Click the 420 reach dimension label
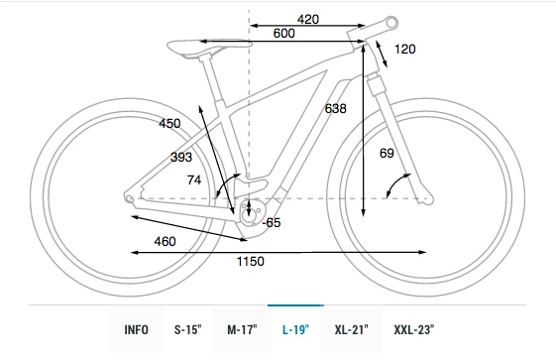(x=308, y=19)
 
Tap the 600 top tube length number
(x=283, y=34)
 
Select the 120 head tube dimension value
(x=405, y=49)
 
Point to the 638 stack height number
(x=335, y=108)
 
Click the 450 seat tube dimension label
(x=169, y=123)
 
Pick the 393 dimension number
(x=181, y=157)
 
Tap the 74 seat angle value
(x=194, y=180)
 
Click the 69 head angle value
(x=387, y=153)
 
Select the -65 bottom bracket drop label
(x=272, y=223)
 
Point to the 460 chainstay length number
(x=165, y=242)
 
